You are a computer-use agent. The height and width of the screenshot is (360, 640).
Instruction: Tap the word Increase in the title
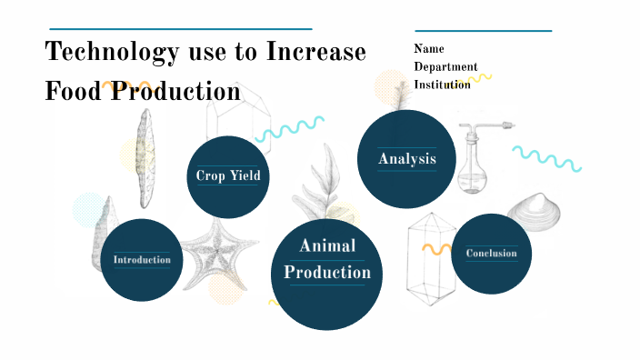click(x=316, y=52)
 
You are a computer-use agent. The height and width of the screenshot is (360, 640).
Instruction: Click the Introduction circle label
click(x=142, y=260)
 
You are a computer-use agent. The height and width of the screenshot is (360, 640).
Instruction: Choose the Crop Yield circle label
click(x=227, y=175)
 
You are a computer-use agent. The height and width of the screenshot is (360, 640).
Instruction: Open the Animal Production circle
click(x=327, y=259)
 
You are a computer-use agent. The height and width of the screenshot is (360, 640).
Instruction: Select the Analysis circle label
click(x=407, y=159)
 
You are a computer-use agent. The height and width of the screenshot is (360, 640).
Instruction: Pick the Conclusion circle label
click(x=491, y=254)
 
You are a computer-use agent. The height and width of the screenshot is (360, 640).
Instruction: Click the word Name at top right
click(x=429, y=49)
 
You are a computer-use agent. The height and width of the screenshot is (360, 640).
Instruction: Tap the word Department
click(x=445, y=66)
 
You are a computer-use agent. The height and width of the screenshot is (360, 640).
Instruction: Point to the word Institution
click(x=443, y=85)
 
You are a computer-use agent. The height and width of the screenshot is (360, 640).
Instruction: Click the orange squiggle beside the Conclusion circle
click(x=436, y=246)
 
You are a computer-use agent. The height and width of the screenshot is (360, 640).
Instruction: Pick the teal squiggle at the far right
click(x=545, y=157)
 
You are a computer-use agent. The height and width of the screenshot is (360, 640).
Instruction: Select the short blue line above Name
click(x=483, y=30)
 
